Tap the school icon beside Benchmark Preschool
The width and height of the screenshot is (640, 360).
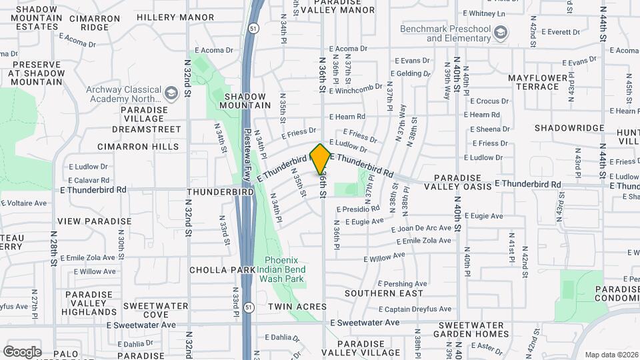[x=501, y=31]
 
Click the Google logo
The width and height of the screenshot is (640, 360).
[x=22, y=351]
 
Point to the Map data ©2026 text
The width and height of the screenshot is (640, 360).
[x=611, y=355]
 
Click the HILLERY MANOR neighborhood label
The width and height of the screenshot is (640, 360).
[x=175, y=17]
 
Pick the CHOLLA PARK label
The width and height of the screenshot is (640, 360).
[x=222, y=270]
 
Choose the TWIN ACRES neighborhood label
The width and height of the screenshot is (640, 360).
[x=297, y=307]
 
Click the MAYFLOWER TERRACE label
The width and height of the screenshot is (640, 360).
[x=542, y=83]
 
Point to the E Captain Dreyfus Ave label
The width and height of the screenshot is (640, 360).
[x=415, y=309]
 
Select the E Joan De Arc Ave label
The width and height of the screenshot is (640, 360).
[x=426, y=228]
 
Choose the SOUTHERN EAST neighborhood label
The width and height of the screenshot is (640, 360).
[x=383, y=293]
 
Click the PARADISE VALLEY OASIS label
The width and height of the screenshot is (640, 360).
[x=463, y=182]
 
